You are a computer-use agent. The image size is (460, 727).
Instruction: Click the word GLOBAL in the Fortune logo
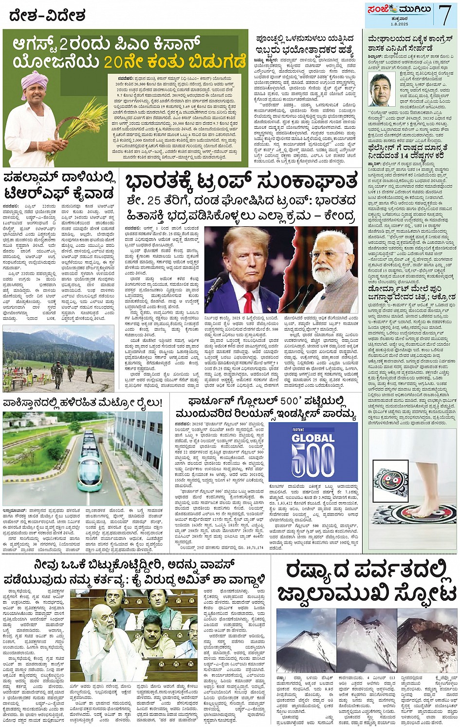click(313, 438)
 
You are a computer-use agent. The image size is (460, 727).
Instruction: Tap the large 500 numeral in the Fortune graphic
click(313, 464)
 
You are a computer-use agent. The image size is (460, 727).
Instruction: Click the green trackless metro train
click(88, 463)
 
